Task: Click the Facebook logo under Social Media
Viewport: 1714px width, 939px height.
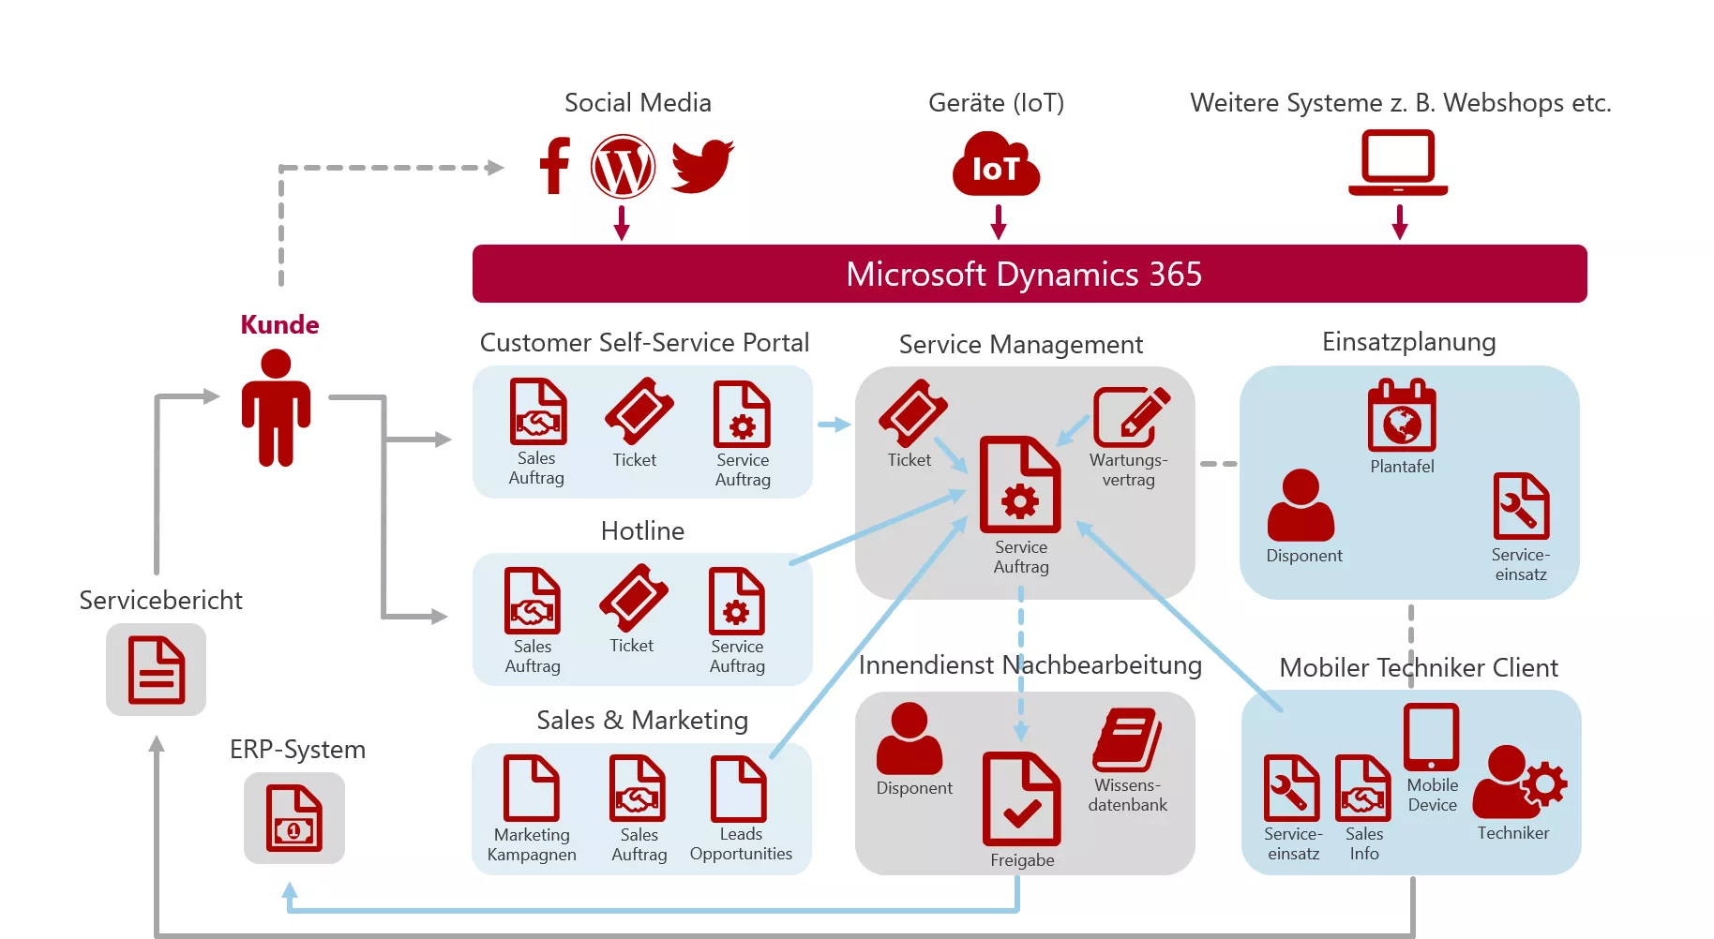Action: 555,166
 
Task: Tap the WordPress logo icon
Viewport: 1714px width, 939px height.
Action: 623,167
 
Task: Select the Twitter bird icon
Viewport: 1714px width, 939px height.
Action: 702,166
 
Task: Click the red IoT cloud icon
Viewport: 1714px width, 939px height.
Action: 996,166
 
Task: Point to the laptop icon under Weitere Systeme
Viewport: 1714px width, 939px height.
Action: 1398,163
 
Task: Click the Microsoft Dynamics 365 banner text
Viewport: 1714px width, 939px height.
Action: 1023,275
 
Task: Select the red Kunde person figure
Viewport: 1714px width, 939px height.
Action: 276,408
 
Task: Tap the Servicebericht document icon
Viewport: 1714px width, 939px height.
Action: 157,669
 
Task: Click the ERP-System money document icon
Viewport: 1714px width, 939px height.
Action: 294,818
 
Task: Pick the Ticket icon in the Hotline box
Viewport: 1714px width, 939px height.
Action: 634,598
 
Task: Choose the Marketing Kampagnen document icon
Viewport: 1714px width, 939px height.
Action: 531,788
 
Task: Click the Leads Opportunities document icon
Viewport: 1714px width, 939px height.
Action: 739,788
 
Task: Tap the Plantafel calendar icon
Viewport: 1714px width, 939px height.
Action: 1402,416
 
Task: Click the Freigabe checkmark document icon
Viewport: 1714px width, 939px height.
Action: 1021,799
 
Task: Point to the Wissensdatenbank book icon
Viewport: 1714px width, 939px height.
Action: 1127,740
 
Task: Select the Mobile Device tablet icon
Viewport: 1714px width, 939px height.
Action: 1431,738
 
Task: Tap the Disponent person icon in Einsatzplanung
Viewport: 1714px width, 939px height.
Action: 1301,506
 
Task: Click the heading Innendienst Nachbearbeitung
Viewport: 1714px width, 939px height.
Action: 1030,665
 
